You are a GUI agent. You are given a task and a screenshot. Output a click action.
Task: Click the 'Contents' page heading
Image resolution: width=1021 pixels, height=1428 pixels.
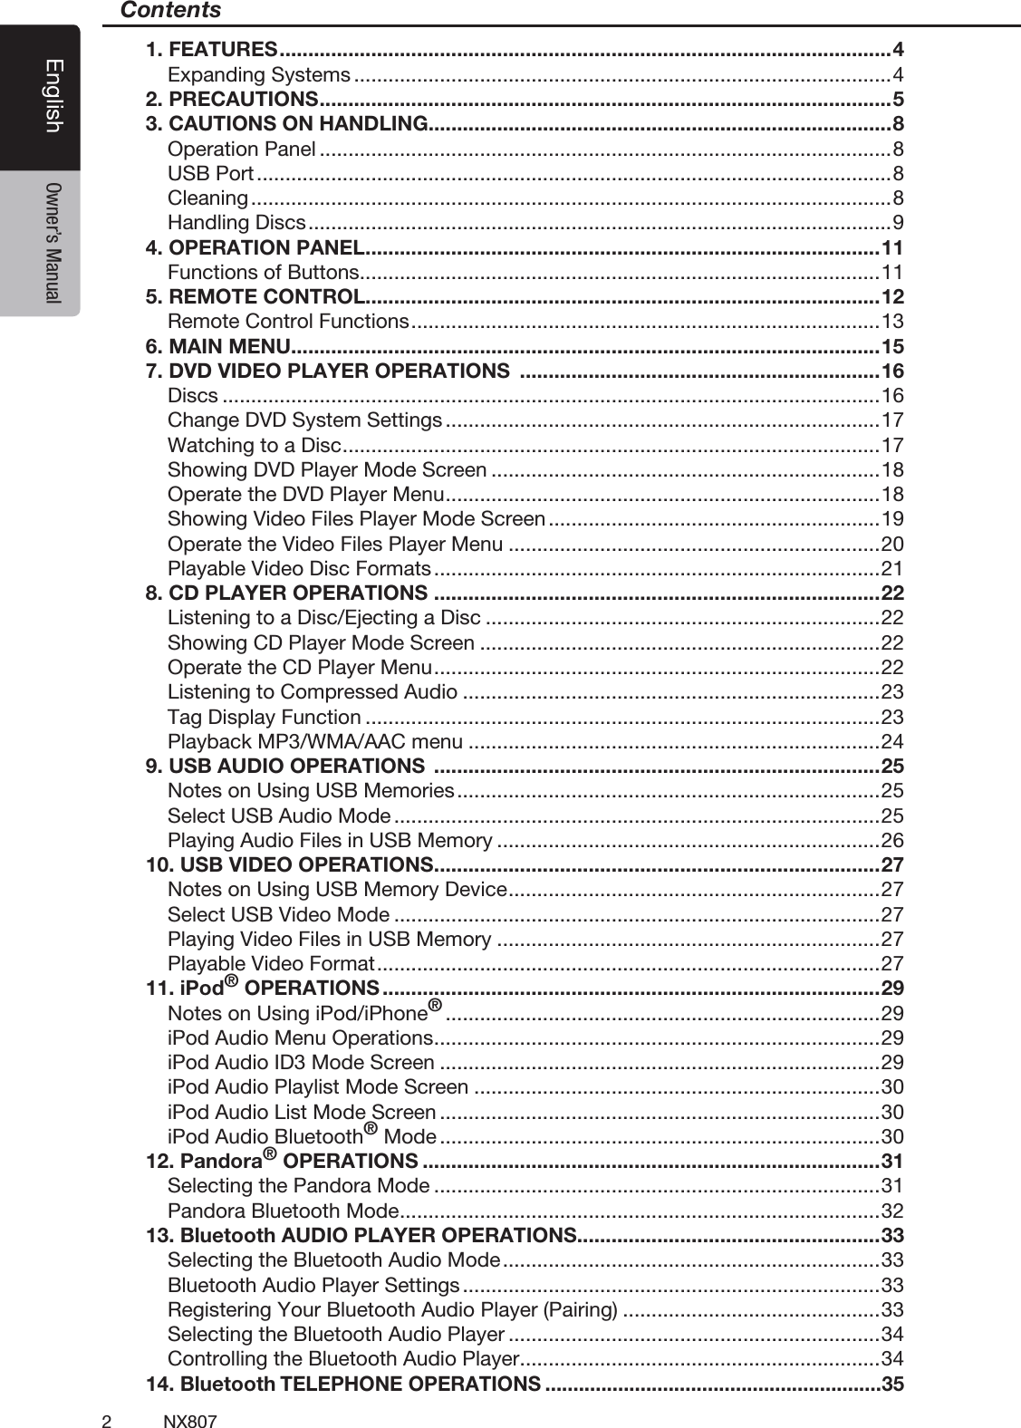coord(170,11)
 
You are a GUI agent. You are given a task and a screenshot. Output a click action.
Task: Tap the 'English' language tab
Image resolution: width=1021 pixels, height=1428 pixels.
coord(53,95)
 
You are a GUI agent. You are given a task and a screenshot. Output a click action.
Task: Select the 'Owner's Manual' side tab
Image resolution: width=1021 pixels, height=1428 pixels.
coord(53,242)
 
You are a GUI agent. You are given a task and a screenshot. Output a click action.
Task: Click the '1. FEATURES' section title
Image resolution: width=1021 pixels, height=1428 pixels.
coord(211,49)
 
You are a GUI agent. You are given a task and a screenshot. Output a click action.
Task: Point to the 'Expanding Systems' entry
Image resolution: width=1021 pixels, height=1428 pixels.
coord(259,74)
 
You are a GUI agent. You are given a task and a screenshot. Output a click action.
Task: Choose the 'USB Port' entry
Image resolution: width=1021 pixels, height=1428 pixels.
coord(210,173)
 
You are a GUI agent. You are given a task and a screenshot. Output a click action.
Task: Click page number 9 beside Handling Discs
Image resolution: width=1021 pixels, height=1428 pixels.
coord(897,223)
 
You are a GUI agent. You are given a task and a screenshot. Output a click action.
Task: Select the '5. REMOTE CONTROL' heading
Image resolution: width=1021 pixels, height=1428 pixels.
coord(255,296)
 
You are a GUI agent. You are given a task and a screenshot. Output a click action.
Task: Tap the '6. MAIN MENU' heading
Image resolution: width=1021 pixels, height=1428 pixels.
coord(217,346)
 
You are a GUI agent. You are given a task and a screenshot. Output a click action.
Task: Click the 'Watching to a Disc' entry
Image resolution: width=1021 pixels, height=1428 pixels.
coord(254,445)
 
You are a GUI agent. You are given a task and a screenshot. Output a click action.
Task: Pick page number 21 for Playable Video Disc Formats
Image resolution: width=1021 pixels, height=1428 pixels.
coord(892,569)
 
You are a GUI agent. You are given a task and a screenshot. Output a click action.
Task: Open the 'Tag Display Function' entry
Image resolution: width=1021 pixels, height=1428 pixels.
coord(264,717)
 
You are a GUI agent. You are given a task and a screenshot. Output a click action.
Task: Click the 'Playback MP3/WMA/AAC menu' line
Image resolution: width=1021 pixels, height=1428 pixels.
coord(315,742)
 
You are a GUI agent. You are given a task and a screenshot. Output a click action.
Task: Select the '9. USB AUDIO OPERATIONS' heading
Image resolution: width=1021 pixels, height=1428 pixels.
coord(285,767)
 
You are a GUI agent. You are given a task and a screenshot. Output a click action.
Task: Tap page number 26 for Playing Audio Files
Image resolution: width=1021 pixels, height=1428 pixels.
coord(892,841)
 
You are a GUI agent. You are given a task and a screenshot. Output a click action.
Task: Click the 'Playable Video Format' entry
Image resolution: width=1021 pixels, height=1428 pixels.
coord(271,964)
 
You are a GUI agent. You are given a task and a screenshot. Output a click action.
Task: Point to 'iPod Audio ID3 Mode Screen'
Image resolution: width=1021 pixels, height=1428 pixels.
coord(301,1063)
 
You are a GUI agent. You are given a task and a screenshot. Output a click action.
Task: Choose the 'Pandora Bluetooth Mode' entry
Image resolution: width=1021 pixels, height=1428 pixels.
coord(283,1211)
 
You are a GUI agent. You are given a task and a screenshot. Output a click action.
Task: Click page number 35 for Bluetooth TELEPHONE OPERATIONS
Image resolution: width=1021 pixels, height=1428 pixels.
coord(892,1385)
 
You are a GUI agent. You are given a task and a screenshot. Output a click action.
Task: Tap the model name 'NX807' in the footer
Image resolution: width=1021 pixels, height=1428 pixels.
coord(190,1421)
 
